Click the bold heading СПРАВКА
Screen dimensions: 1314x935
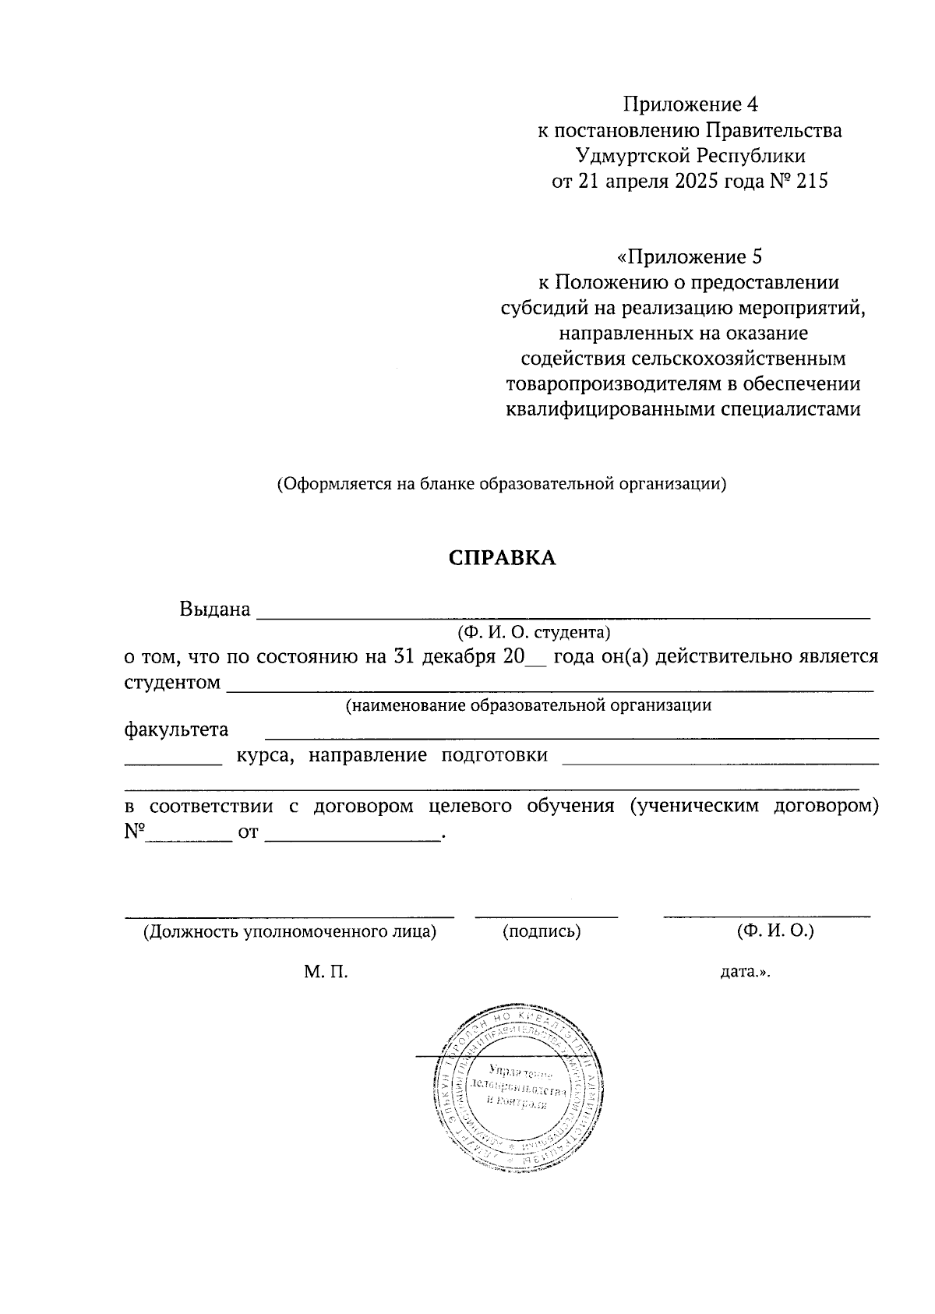point(502,558)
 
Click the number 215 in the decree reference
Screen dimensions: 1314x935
point(810,182)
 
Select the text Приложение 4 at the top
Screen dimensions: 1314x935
point(690,104)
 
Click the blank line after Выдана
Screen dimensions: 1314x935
point(563,612)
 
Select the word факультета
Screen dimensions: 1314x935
point(176,729)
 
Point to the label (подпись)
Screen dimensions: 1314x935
point(542,931)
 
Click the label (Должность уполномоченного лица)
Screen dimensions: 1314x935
point(289,931)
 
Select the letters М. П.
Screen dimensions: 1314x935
point(326,972)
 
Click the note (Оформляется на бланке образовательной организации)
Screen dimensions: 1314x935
point(502,483)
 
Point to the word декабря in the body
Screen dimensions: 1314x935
point(458,656)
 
